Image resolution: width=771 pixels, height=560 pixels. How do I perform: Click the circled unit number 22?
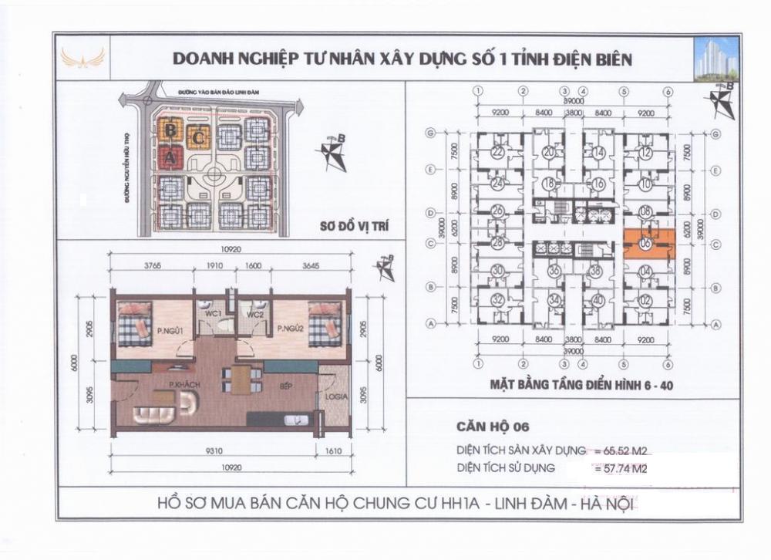tap(497, 153)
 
